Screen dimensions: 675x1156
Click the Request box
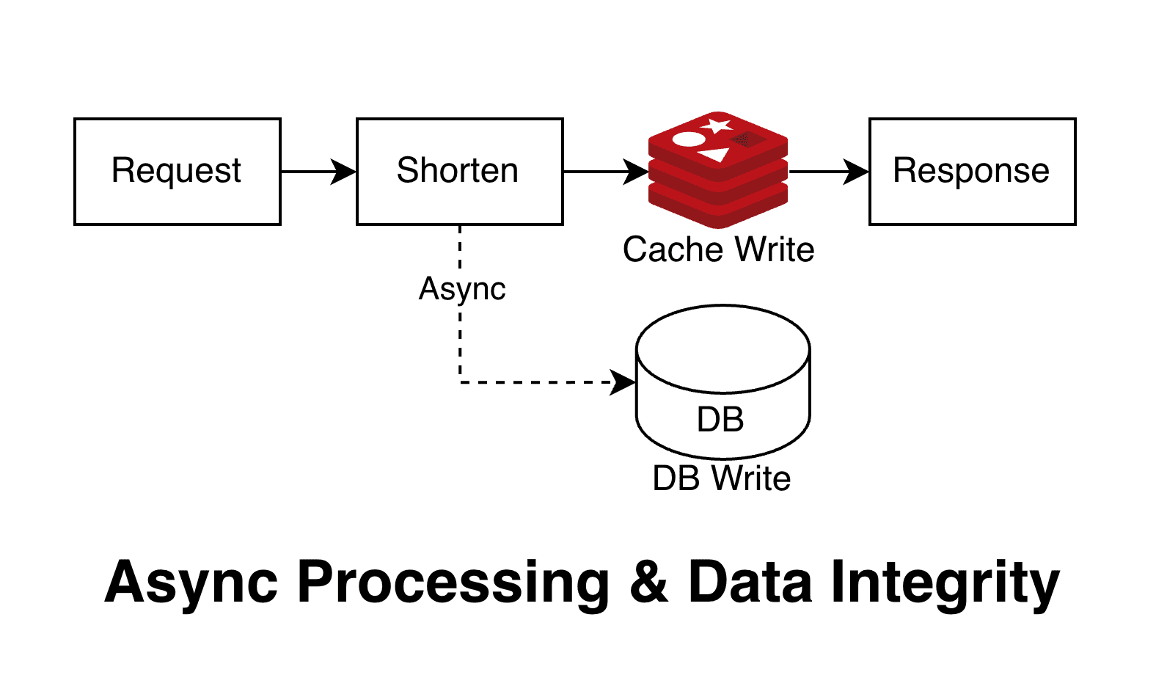[x=177, y=171]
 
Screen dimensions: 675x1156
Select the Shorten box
[x=459, y=171]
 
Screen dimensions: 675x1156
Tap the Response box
[x=972, y=171]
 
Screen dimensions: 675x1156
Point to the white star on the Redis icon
[x=717, y=125]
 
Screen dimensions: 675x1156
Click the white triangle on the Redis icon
[x=714, y=155]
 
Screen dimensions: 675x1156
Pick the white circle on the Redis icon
[x=689, y=139]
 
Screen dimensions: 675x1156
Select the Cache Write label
[x=718, y=249]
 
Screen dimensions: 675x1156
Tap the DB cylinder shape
[x=722, y=382]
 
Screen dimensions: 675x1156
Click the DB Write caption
[x=722, y=478]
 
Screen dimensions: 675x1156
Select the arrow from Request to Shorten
[x=318, y=172]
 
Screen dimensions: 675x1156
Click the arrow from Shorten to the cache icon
[x=606, y=172]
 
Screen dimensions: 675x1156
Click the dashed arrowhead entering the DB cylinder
[x=623, y=382]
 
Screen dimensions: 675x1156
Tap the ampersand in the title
[x=648, y=583]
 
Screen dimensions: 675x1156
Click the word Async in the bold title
[x=191, y=583]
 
